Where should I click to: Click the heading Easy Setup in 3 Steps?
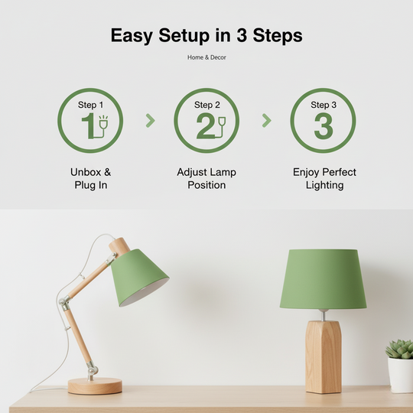click(x=206, y=35)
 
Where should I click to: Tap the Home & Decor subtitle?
click(x=206, y=57)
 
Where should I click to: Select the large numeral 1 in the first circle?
click(x=86, y=126)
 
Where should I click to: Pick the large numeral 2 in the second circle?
click(x=204, y=126)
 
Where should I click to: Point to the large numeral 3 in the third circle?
click(x=323, y=126)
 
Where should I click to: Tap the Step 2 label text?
click(x=206, y=105)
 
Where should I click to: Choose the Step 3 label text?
click(x=323, y=105)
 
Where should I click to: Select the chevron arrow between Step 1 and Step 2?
click(x=150, y=120)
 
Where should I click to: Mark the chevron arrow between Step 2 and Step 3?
click(x=266, y=120)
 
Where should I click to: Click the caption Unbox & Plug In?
click(x=90, y=178)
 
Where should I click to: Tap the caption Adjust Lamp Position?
click(x=206, y=178)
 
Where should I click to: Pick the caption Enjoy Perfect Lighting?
click(x=324, y=178)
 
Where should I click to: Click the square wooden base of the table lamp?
click(x=324, y=356)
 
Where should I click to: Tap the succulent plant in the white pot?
click(x=400, y=349)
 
